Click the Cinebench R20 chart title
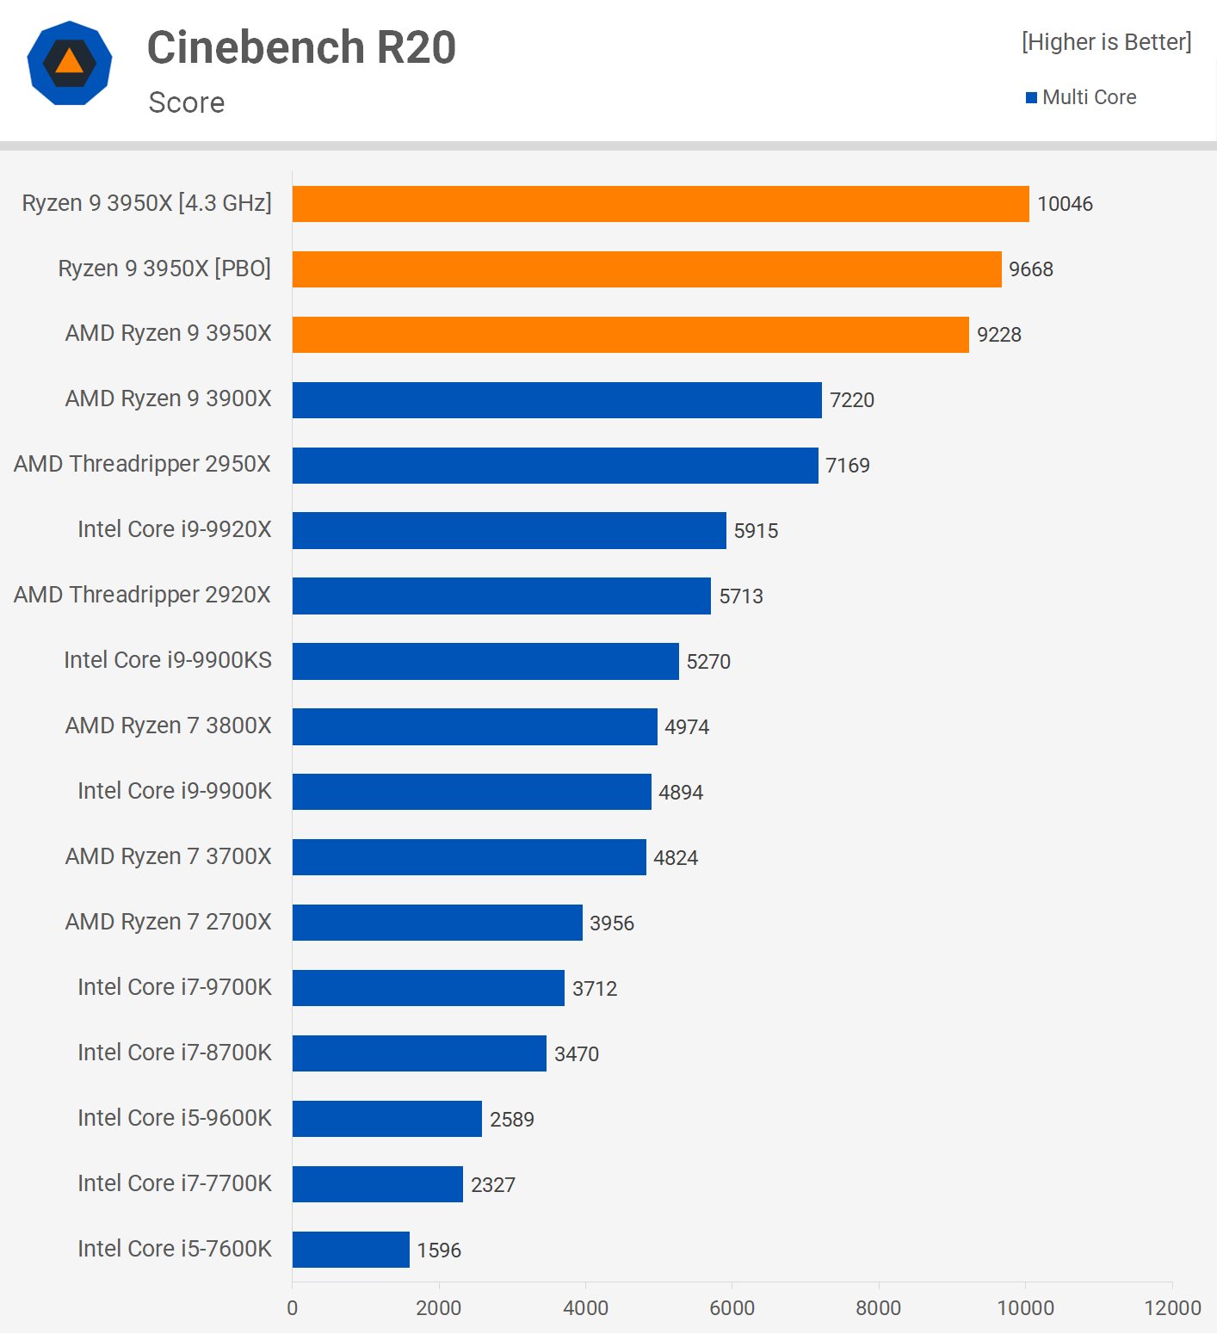coord(301,47)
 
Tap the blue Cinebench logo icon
coord(70,63)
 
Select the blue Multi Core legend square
coord(1031,98)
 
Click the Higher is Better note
coord(1106,42)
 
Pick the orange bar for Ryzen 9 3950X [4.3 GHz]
coord(660,204)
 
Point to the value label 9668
coord(1030,269)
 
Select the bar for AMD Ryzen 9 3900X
coord(557,400)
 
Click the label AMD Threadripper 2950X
coord(142,464)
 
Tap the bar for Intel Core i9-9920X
coord(509,530)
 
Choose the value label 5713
coord(741,596)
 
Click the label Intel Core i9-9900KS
coord(168,660)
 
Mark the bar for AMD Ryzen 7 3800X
coord(474,726)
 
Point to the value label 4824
coord(676,858)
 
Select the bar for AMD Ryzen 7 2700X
coord(437,923)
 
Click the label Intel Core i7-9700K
coord(175,987)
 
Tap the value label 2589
coord(512,1120)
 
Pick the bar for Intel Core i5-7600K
coord(350,1250)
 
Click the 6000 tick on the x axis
coord(732,1308)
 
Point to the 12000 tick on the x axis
coord(1172,1308)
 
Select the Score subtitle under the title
coord(187,102)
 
